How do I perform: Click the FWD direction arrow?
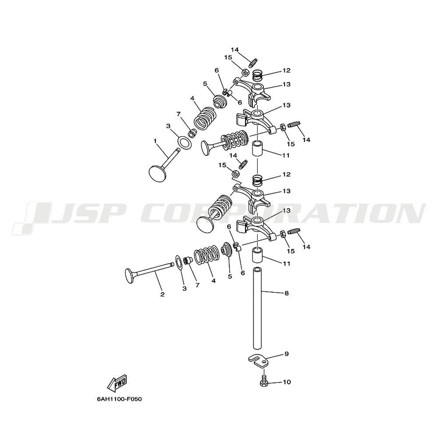point(117,383)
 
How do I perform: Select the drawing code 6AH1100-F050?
point(119,399)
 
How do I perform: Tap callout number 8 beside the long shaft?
point(286,293)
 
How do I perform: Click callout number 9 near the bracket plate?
point(286,354)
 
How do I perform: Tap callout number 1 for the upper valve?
point(155,141)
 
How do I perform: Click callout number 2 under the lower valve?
point(162,294)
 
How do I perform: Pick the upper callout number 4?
point(192,98)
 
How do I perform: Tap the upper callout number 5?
point(205,84)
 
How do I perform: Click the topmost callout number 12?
point(286,71)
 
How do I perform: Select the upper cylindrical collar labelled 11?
point(258,149)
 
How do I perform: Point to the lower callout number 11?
point(286,263)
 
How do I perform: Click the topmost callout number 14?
point(235,50)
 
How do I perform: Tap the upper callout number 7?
point(179,114)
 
